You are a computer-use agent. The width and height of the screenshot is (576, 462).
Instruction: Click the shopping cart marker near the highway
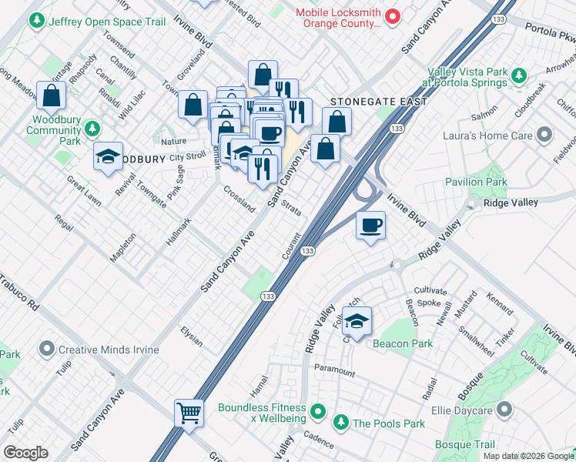point(189,412)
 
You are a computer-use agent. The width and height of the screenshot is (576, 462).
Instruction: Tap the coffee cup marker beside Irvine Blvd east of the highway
point(370,225)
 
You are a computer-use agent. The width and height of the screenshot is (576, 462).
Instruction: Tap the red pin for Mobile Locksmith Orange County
point(392,15)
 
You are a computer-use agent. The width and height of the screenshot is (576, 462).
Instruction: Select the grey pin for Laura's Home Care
point(545,135)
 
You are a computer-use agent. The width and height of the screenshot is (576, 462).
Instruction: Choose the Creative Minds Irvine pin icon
point(48,350)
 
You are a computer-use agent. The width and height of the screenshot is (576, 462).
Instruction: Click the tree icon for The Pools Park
point(340,423)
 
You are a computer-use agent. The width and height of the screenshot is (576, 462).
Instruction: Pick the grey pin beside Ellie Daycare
point(505,410)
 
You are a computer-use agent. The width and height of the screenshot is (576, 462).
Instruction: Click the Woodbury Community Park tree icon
point(92,128)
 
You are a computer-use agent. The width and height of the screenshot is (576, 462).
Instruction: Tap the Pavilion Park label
point(476,182)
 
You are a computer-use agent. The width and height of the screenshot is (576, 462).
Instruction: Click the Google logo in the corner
point(25,453)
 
